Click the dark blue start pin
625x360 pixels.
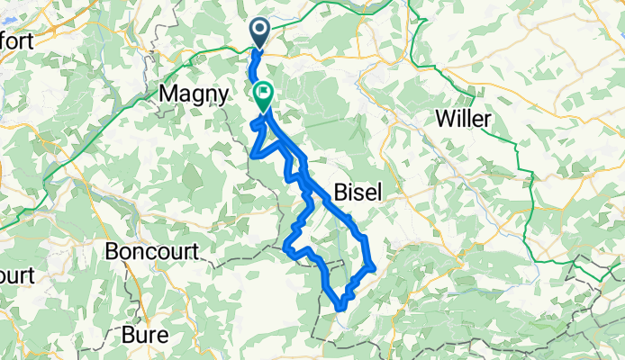coord(259,33)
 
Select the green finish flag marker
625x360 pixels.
coord(264,94)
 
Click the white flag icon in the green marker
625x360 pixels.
coord(265,92)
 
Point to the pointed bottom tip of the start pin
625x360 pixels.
coord(259,49)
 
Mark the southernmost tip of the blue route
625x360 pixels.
coord(341,310)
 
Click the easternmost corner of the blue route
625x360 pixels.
coord(373,265)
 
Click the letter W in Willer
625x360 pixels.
coord(443,119)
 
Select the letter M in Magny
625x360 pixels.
coord(168,93)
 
